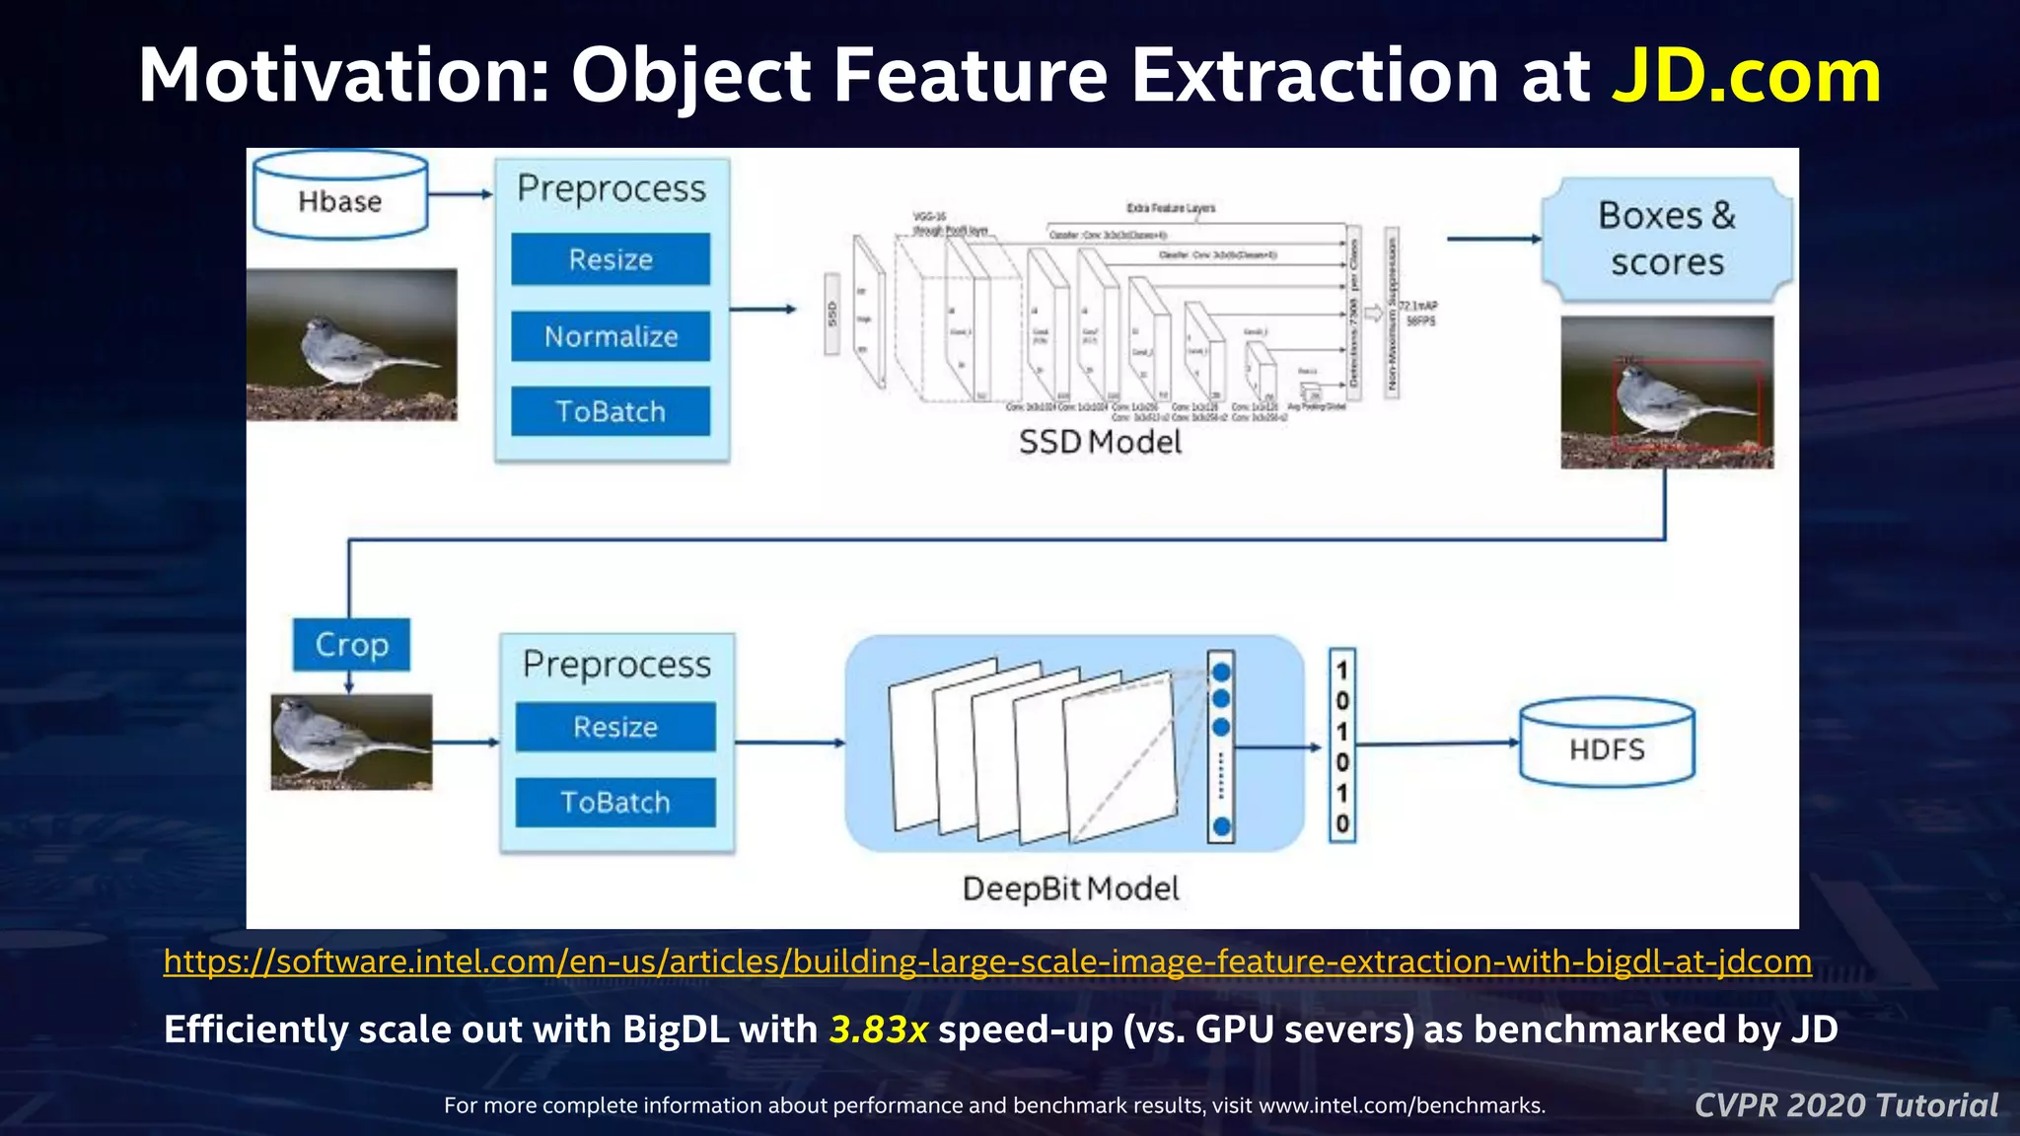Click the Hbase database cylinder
[340, 197]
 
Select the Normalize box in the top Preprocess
[611, 336]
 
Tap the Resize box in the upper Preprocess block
[611, 259]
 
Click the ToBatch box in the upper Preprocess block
[611, 411]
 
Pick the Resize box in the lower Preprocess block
[615, 727]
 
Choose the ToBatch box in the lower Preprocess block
[615, 802]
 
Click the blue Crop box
[351, 645]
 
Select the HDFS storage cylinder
[1607, 745]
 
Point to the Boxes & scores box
[1667, 240]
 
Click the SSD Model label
[1100, 442]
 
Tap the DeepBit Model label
[1070, 888]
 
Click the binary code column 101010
[1342, 745]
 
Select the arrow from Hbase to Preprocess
[460, 194]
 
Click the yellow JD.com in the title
[1746, 76]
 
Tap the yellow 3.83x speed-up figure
[878, 1029]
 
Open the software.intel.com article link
[986, 961]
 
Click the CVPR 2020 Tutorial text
[1845, 1105]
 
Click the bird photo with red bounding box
[1667, 392]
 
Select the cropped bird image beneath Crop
[351, 742]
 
